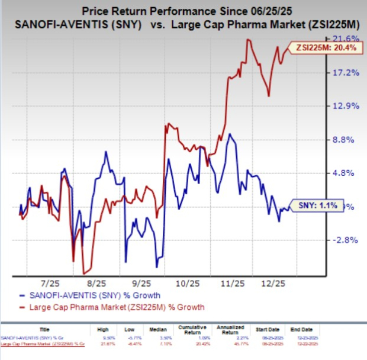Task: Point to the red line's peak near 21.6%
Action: (248, 40)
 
